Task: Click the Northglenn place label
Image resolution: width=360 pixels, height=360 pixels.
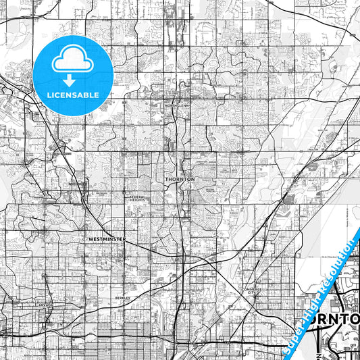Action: click(179, 105)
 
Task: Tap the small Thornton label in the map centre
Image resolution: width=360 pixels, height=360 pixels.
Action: click(180, 179)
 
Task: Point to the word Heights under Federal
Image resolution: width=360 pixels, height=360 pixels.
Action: click(138, 200)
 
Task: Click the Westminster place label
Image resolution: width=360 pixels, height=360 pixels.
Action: click(107, 239)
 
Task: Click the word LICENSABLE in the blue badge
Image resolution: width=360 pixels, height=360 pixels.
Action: click(73, 95)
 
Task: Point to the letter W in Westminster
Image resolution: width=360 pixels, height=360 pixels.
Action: click(88, 239)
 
